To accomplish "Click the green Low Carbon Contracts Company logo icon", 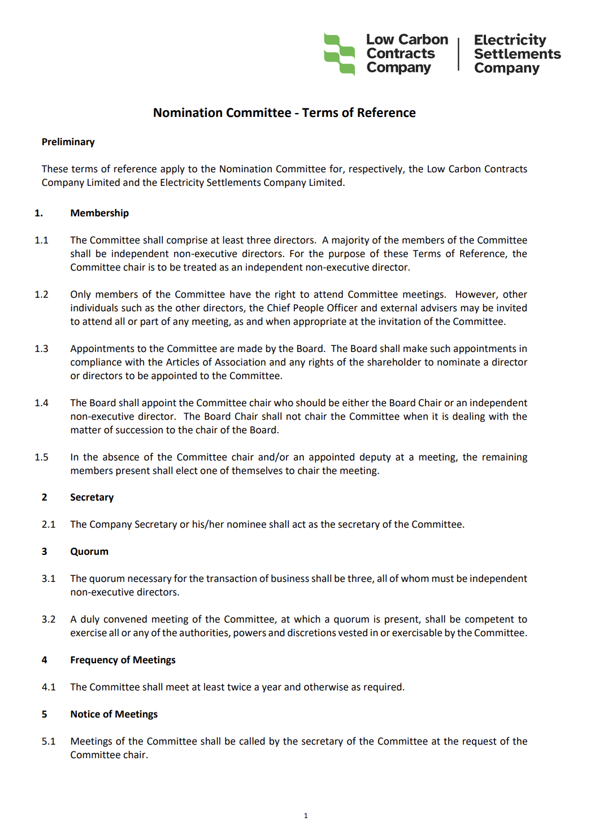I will point(339,54).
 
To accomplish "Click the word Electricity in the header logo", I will point(510,40).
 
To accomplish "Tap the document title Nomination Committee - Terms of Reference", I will point(284,113).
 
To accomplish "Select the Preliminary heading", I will point(68,142).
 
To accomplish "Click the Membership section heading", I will point(99,213).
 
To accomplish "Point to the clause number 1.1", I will point(41,240).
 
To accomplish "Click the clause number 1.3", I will point(41,349).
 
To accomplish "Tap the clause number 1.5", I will point(41,457).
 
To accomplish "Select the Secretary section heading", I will point(92,497).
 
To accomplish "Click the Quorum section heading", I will point(89,551).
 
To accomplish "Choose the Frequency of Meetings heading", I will point(123,660).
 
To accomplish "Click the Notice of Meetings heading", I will point(114,714).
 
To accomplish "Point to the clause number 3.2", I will point(49,619).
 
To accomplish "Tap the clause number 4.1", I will point(49,687).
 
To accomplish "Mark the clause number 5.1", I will point(49,741).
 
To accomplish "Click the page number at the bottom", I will point(306,815).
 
